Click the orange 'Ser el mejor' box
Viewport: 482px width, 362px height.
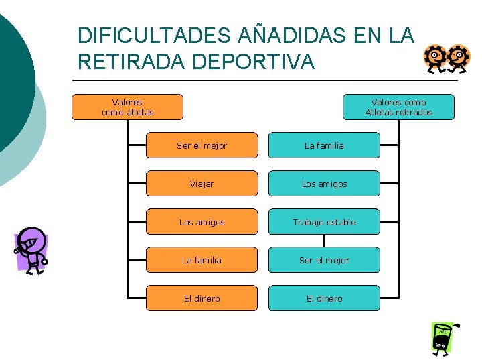(x=202, y=145)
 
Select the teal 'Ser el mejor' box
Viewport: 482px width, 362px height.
(x=324, y=260)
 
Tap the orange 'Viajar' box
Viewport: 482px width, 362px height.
(x=202, y=184)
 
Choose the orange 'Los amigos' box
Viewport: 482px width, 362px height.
(x=202, y=222)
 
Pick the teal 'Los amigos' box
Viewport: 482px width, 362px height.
(x=324, y=184)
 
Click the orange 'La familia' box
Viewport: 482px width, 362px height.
(x=202, y=260)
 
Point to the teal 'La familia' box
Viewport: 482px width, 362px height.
(x=324, y=145)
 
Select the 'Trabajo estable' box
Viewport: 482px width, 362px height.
(x=324, y=222)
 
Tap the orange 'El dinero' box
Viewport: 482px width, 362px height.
(x=202, y=298)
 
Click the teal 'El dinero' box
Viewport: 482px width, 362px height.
(x=324, y=298)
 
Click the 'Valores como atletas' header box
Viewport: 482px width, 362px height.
(x=127, y=107)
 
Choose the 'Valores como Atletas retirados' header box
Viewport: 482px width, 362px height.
(x=398, y=107)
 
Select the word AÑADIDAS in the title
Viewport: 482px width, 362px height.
(x=298, y=36)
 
